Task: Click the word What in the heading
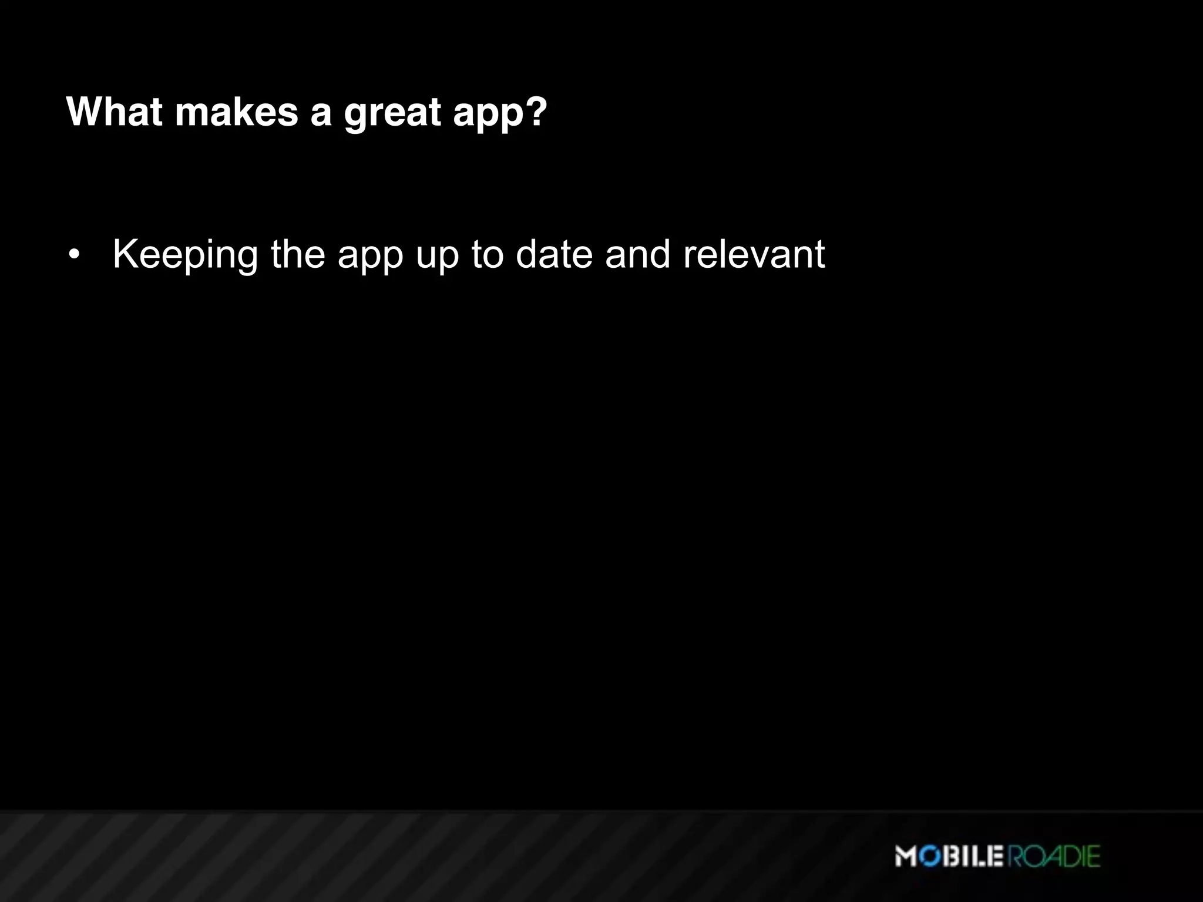tap(115, 111)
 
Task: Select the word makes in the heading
tap(237, 111)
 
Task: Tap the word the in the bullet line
tap(298, 254)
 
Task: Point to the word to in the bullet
tap(487, 254)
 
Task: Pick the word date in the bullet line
tap(554, 254)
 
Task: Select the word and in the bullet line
tap(637, 254)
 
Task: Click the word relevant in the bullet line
tap(754, 254)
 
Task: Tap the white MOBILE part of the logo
tap(949, 856)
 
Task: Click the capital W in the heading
tap(85, 111)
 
